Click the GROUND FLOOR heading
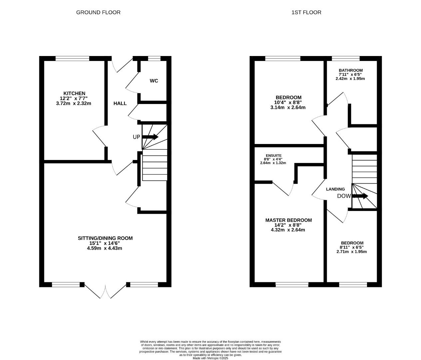[x=98, y=12]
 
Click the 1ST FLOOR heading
[x=306, y=12]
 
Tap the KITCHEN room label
[x=74, y=93]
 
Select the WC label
[x=154, y=81]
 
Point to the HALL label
[x=120, y=103]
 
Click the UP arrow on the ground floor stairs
[x=151, y=137]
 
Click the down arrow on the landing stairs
[x=360, y=196]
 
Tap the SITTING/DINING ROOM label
[x=105, y=238]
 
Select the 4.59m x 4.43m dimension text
[x=105, y=248]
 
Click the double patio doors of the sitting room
[x=105, y=291]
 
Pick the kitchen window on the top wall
[x=72, y=59]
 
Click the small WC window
[x=154, y=59]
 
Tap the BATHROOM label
[x=350, y=70]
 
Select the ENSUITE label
[x=273, y=155]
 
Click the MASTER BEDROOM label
[x=288, y=220]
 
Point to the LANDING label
[x=335, y=189]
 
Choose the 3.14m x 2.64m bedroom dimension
[x=288, y=107]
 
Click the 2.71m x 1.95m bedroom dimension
[x=351, y=252]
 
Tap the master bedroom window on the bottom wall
[x=292, y=284]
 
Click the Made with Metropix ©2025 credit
[x=210, y=358]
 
